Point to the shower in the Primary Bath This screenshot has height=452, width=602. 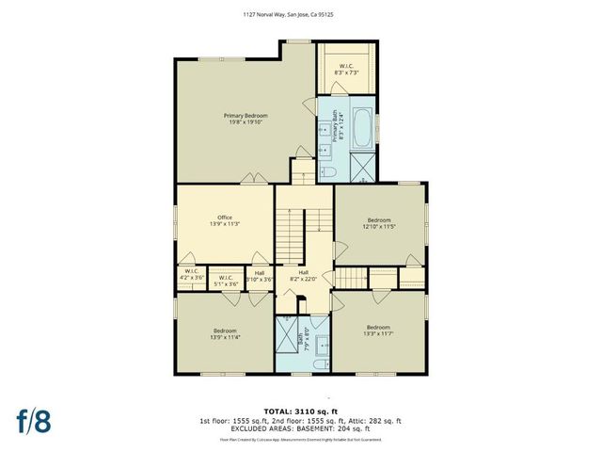click(x=361, y=168)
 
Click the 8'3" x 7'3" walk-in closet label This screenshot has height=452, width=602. click(x=345, y=69)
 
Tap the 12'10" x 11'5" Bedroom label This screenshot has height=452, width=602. click(x=379, y=223)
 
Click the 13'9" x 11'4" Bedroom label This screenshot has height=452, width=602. click(x=224, y=333)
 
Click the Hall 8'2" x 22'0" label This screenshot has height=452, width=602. click(x=303, y=276)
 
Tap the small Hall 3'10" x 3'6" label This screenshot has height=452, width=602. click(x=259, y=277)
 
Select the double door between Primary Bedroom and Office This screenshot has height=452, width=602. click(x=250, y=178)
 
